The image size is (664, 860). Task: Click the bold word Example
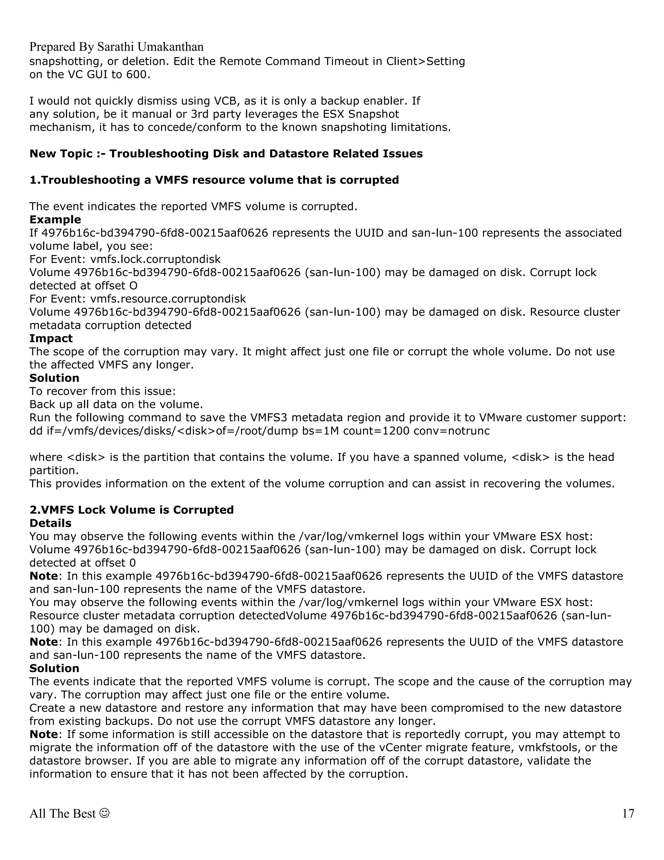[x=55, y=219]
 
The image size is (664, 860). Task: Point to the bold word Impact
[x=51, y=338]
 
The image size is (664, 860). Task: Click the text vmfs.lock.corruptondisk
[x=155, y=259]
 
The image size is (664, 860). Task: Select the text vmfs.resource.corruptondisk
[x=168, y=299]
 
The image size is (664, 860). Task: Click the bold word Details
[x=50, y=523]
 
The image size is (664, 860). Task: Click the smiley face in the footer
[x=105, y=813]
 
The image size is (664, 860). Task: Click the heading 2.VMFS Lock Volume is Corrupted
[x=131, y=510]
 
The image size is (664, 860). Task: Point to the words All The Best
[x=63, y=813]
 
